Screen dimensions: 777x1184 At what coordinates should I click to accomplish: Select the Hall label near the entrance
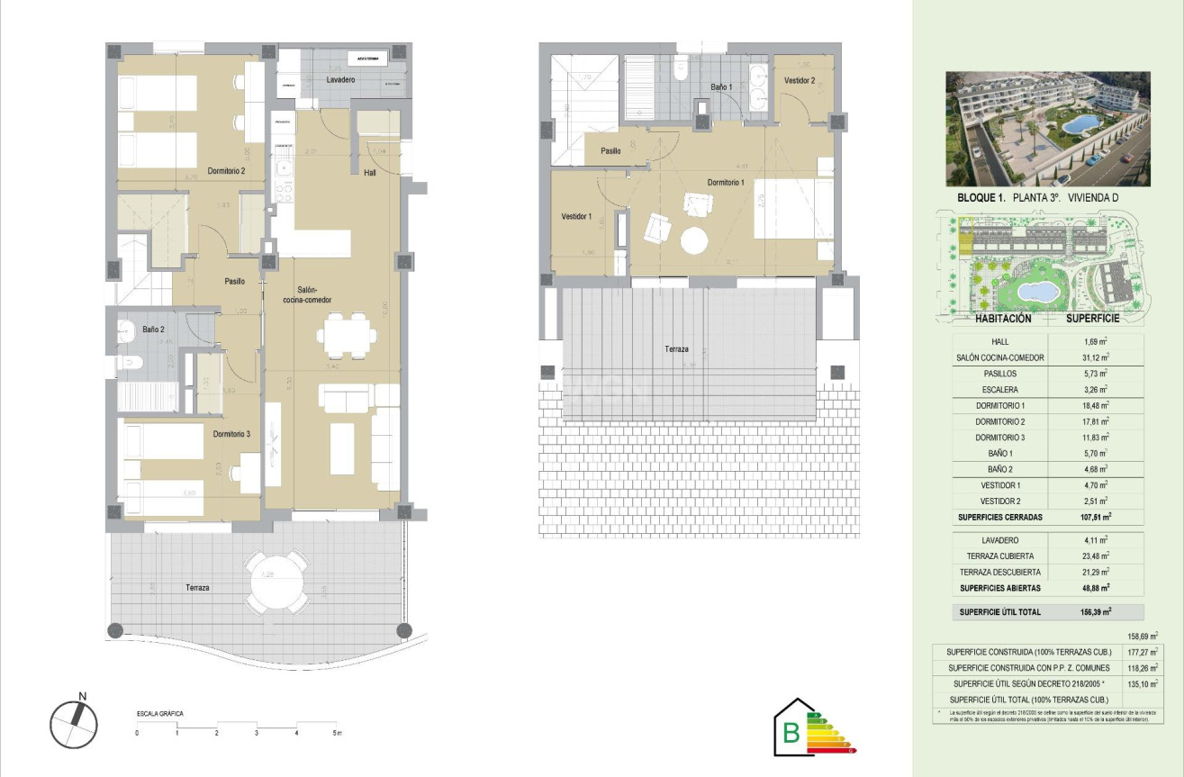pos(370,172)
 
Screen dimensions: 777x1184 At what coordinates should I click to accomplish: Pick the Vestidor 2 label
pos(799,81)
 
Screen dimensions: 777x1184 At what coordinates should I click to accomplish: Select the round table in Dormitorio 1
pos(694,241)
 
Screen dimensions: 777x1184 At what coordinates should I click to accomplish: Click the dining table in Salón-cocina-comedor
pos(347,335)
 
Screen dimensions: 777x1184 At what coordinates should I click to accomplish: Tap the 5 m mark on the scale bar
pos(336,733)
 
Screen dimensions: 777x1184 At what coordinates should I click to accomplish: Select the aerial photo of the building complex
pos(1047,129)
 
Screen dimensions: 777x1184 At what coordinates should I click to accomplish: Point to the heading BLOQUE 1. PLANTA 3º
pos(1008,197)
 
